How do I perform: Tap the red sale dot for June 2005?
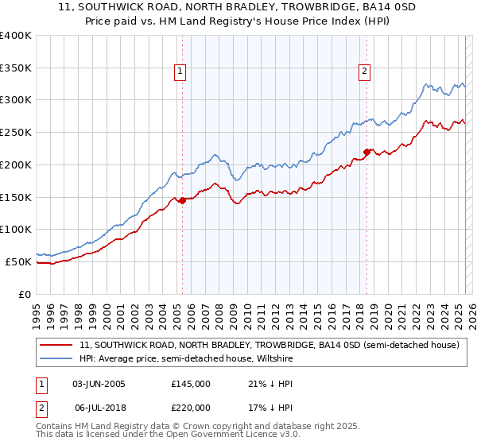tap(182, 200)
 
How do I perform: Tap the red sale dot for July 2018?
tap(366, 152)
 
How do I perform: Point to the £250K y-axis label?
tap(16, 133)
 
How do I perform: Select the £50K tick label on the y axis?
tap(19, 261)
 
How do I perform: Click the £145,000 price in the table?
tap(191, 384)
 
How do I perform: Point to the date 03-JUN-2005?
tap(99, 384)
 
